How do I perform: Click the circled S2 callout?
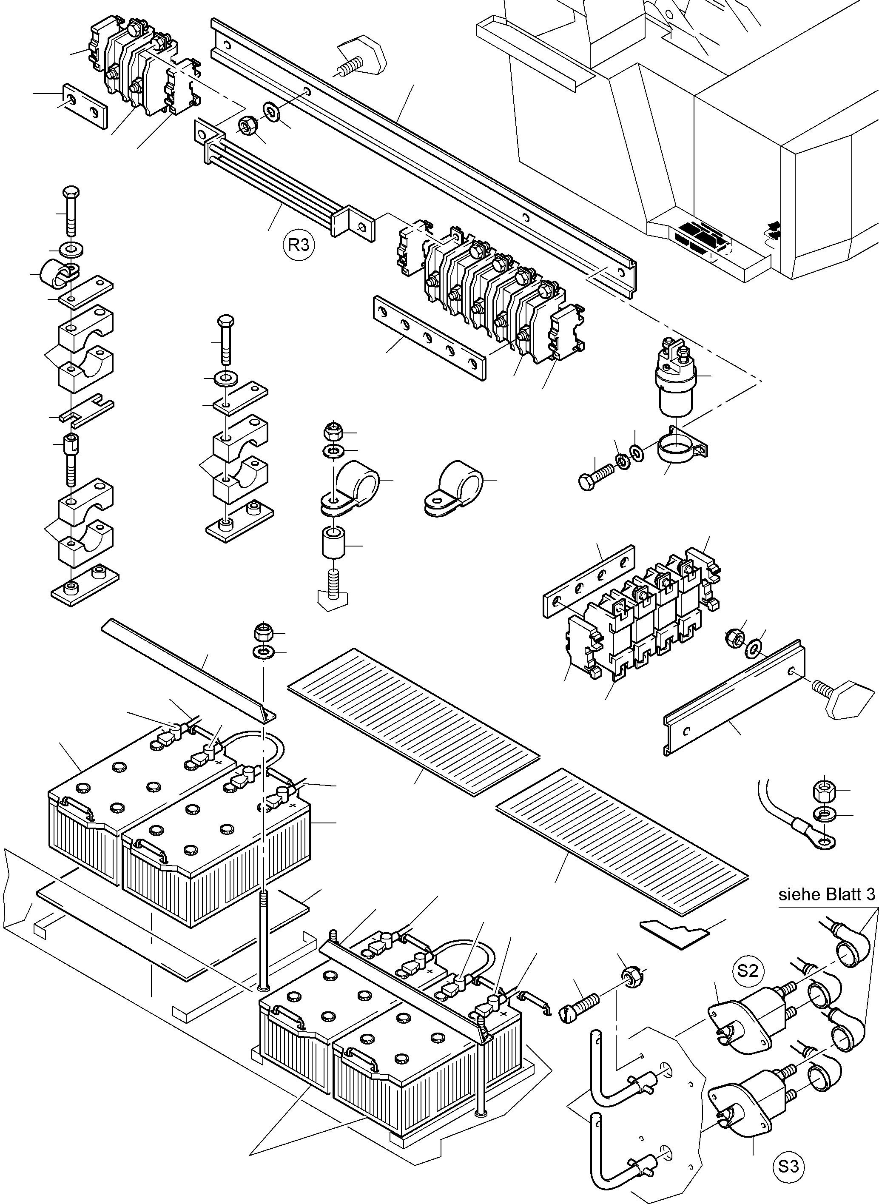click(747, 971)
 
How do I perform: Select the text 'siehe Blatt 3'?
click(826, 894)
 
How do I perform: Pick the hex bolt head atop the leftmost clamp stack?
click(71, 192)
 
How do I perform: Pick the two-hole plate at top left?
click(85, 105)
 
